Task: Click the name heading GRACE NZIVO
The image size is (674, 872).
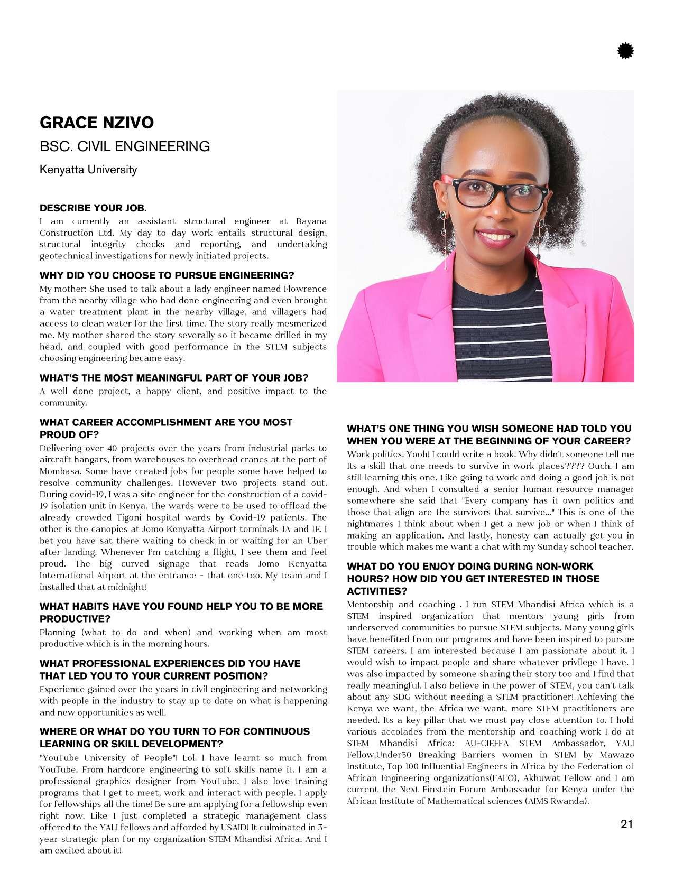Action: pyautogui.click(x=97, y=123)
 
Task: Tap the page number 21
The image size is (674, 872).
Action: pyautogui.click(x=626, y=824)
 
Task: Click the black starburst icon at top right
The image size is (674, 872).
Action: pyautogui.click(x=625, y=51)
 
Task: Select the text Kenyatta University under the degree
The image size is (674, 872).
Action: pyautogui.click(x=88, y=170)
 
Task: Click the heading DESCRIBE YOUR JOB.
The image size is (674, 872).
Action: pyautogui.click(x=93, y=208)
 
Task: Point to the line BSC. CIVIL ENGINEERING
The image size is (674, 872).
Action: pyautogui.click(x=125, y=146)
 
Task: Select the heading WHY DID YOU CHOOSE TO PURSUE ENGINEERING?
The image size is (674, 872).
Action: pyautogui.click(x=167, y=275)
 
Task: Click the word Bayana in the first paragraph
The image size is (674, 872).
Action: pyautogui.click(x=311, y=221)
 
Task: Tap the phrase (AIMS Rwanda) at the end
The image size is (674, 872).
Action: pyautogui.click(x=556, y=801)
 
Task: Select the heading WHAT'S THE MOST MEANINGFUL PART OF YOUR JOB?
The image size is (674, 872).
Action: pyautogui.click(x=174, y=378)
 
